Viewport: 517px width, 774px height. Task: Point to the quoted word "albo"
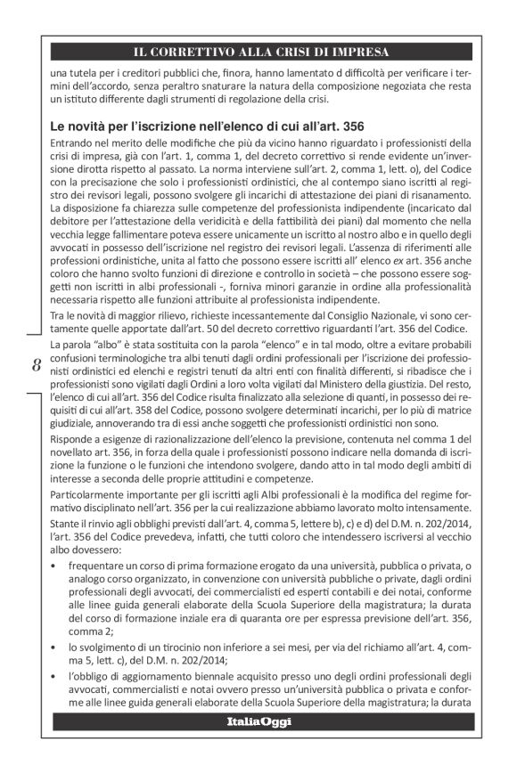[105, 343]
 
